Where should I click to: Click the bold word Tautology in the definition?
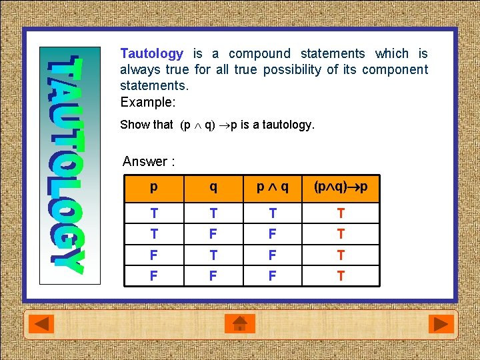151,54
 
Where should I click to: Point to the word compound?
259,54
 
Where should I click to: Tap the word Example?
147,103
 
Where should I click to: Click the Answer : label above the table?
149,161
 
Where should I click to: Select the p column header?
154,187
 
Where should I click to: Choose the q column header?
213,187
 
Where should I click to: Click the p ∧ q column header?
273,187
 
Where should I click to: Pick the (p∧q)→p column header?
341,187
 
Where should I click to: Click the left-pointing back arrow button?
44,325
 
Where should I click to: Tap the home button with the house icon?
240,325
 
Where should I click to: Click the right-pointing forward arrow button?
439,325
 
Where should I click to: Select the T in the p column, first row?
154,213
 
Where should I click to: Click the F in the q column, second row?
213,234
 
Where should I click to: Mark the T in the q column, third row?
213,255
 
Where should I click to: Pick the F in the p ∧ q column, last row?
273,275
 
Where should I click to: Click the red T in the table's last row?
341,275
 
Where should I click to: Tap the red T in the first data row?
341,213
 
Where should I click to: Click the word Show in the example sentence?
137,125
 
